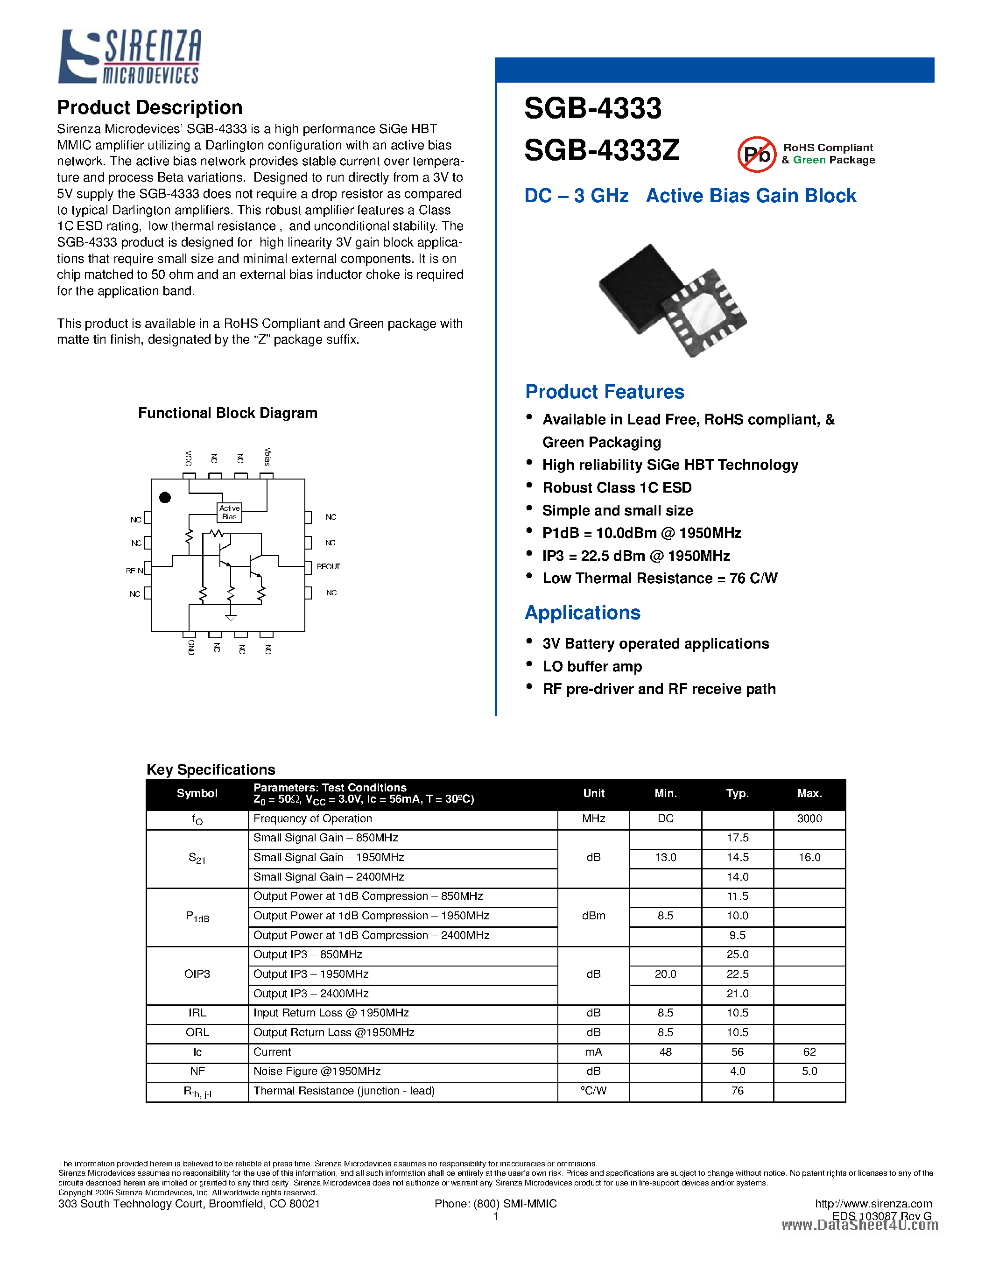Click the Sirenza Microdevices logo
[130, 56]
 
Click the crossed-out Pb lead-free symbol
[756, 155]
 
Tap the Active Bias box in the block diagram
[229, 512]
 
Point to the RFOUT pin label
[328, 566]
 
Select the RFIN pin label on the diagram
[134, 570]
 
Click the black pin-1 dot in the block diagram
[165, 497]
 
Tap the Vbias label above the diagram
[267, 457]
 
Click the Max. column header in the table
[809, 793]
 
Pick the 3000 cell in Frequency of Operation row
[809, 818]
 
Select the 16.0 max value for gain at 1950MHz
[809, 857]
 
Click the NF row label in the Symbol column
[197, 1071]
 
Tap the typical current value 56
[737, 1052]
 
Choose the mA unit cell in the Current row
[593, 1052]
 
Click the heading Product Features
[604, 392]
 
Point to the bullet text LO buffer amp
[592, 666]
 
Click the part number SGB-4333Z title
[601, 150]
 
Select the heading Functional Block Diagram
[227, 413]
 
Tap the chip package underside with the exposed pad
[704, 312]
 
